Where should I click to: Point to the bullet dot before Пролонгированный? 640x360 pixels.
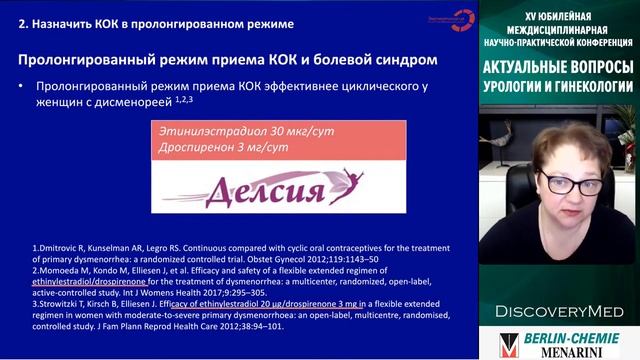pos(22,87)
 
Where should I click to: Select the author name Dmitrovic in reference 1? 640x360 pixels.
pos(47,247)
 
